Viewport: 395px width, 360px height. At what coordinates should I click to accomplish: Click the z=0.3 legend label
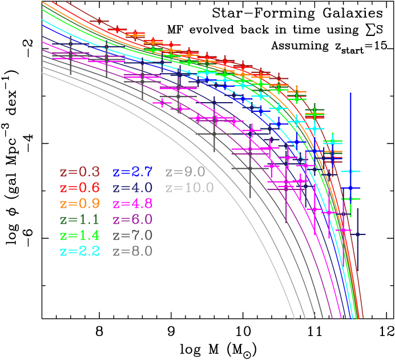pos(79,172)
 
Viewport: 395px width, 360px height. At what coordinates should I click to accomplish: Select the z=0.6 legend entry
pos(79,188)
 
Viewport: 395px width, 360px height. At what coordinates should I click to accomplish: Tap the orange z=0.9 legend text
pos(79,204)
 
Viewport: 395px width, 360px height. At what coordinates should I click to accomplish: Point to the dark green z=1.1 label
pos(79,220)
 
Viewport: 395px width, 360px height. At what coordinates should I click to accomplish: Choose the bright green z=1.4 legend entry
pos(79,235)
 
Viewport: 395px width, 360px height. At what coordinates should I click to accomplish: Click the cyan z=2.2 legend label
pos(79,251)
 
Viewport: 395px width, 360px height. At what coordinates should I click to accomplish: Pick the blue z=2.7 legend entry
pos(132,172)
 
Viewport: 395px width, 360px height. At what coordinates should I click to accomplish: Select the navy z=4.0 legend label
pos(132,188)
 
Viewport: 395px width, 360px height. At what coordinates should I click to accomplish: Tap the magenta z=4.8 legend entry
pos(132,204)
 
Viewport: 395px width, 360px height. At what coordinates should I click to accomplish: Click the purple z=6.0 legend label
pos(132,220)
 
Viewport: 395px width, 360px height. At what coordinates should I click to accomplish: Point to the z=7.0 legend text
pos(132,235)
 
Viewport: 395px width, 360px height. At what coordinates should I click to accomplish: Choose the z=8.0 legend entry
pos(132,251)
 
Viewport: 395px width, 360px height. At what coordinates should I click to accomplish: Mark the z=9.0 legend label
pos(185,172)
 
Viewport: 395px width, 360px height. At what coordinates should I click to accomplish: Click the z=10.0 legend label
pos(189,188)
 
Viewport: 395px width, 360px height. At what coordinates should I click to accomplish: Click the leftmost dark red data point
pos(99,21)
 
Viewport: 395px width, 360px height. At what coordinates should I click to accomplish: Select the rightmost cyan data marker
pos(351,171)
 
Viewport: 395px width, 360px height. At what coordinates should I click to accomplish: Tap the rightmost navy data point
pos(358,234)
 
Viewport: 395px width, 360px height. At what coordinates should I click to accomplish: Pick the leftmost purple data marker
pos(70,55)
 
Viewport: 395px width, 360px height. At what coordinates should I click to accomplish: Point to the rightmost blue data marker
pos(350,188)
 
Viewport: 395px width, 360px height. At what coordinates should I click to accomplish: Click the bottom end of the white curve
pos(295,318)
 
